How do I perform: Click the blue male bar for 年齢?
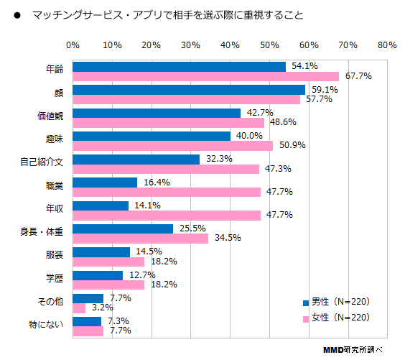(179, 67)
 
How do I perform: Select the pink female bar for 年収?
(167, 215)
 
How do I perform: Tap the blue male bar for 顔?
(189, 90)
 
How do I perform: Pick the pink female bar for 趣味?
(173, 145)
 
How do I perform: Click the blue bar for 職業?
(105, 183)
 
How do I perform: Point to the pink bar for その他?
(79, 308)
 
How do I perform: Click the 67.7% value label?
(356, 76)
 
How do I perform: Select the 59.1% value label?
(322, 90)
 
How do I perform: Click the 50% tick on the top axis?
(269, 45)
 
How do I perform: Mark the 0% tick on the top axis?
(73, 45)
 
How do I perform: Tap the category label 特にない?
(47, 326)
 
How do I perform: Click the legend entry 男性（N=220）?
(340, 301)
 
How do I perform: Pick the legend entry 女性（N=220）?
(340, 317)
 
